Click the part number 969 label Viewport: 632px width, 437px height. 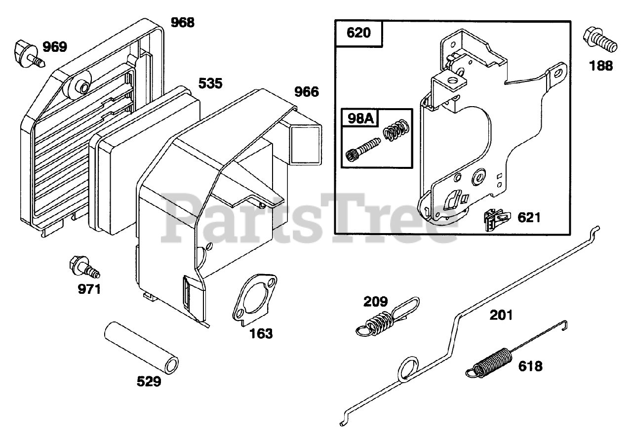coord(54,47)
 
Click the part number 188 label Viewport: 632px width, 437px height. coord(601,65)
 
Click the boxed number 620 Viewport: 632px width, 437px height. coord(359,34)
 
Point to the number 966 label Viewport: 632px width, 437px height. coord(307,91)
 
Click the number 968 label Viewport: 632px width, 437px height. coord(183,22)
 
